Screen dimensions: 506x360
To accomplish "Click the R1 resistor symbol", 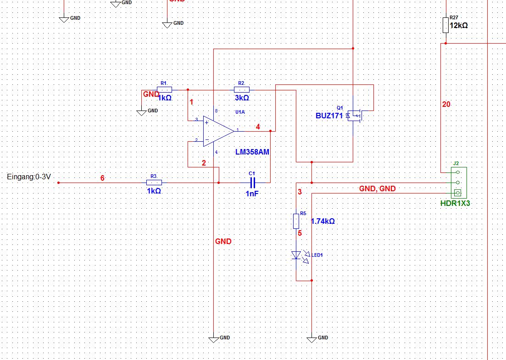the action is pyautogui.click(x=165, y=90).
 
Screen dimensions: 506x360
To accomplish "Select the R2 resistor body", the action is pyautogui.click(x=242, y=90).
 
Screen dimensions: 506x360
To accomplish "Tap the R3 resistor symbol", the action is pyautogui.click(x=154, y=183).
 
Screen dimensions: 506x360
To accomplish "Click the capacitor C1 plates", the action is pyautogui.click(x=253, y=183).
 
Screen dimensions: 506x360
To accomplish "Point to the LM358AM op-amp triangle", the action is pyautogui.click(x=218, y=131).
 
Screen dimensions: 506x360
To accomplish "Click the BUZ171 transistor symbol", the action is pyautogui.click(x=355, y=116).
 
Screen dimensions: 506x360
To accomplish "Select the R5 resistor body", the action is pyautogui.click(x=296, y=221).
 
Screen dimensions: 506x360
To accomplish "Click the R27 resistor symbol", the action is pyautogui.click(x=445, y=25).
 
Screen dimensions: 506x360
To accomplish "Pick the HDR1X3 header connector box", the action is pyautogui.click(x=459, y=183).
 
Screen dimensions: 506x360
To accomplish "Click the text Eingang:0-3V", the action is pyautogui.click(x=29, y=177).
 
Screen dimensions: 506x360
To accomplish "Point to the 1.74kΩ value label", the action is pyautogui.click(x=323, y=222).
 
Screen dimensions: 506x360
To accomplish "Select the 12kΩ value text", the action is pyautogui.click(x=459, y=26).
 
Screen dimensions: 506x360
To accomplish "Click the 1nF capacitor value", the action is pyautogui.click(x=252, y=194).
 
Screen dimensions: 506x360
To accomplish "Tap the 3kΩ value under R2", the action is pyautogui.click(x=242, y=98).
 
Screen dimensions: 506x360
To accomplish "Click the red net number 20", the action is pyautogui.click(x=446, y=104).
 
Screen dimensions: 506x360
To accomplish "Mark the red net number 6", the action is pyautogui.click(x=102, y=178).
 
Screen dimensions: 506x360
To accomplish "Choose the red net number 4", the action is pyautogui.click(x=258, y=127).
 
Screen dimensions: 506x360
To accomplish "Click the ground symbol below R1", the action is pyautogui.click(x=141, y=112).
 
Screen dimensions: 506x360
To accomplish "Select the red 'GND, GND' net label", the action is pyautogui.click(x=377, y=188).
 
